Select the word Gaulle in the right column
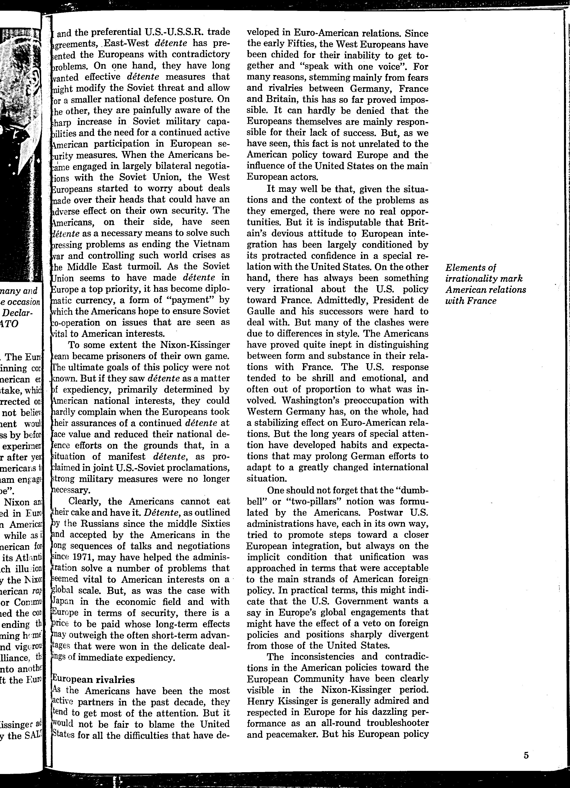pyautogui.click(x=261, y=311)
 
